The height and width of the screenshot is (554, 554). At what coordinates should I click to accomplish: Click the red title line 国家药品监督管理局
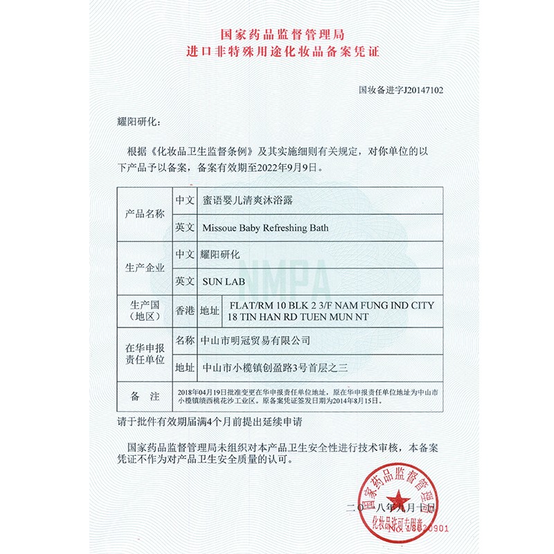278,33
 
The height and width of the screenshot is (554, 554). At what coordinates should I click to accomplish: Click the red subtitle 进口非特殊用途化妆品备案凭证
278,51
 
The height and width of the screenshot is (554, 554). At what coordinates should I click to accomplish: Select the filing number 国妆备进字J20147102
401,90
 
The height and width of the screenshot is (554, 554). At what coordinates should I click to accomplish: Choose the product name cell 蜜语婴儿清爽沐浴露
248,200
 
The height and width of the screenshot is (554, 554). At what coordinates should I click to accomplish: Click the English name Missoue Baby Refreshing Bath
265,227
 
